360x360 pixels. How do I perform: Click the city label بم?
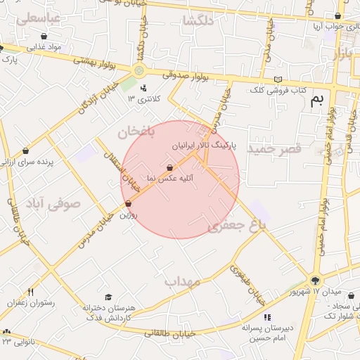[x=318, y=101]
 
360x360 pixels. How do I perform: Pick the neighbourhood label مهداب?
[x=183, y=282]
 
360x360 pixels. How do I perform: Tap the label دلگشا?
[x=198, y=21]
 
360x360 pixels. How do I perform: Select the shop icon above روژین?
[x=128, y=204]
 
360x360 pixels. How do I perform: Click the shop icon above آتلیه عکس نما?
[x=169, y=168]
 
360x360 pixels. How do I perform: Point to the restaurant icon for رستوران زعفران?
[x=30, y=292]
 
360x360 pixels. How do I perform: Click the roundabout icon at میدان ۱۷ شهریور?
[x=315, y=280]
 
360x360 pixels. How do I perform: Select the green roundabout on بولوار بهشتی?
[x=139, y=70]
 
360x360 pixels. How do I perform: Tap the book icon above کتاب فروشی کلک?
[x=279, y=79]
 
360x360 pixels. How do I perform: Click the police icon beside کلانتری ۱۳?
[x=143, y=89]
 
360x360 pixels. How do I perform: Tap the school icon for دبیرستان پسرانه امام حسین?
[x=267, y=317]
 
